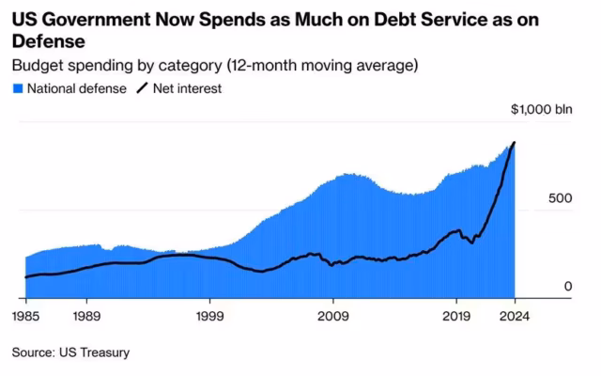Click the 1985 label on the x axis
25,316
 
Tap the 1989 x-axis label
86,316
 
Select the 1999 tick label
209,316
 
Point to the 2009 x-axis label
333,316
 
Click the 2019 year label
456,316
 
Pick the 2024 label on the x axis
515,316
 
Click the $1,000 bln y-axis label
542,109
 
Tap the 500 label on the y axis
560,198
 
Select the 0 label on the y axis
568,286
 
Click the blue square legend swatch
18,89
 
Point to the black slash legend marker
142,88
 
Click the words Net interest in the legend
187,88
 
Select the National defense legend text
77,88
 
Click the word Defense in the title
48,41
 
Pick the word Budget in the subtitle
38,66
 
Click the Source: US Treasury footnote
71,352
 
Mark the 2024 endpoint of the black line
515,142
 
